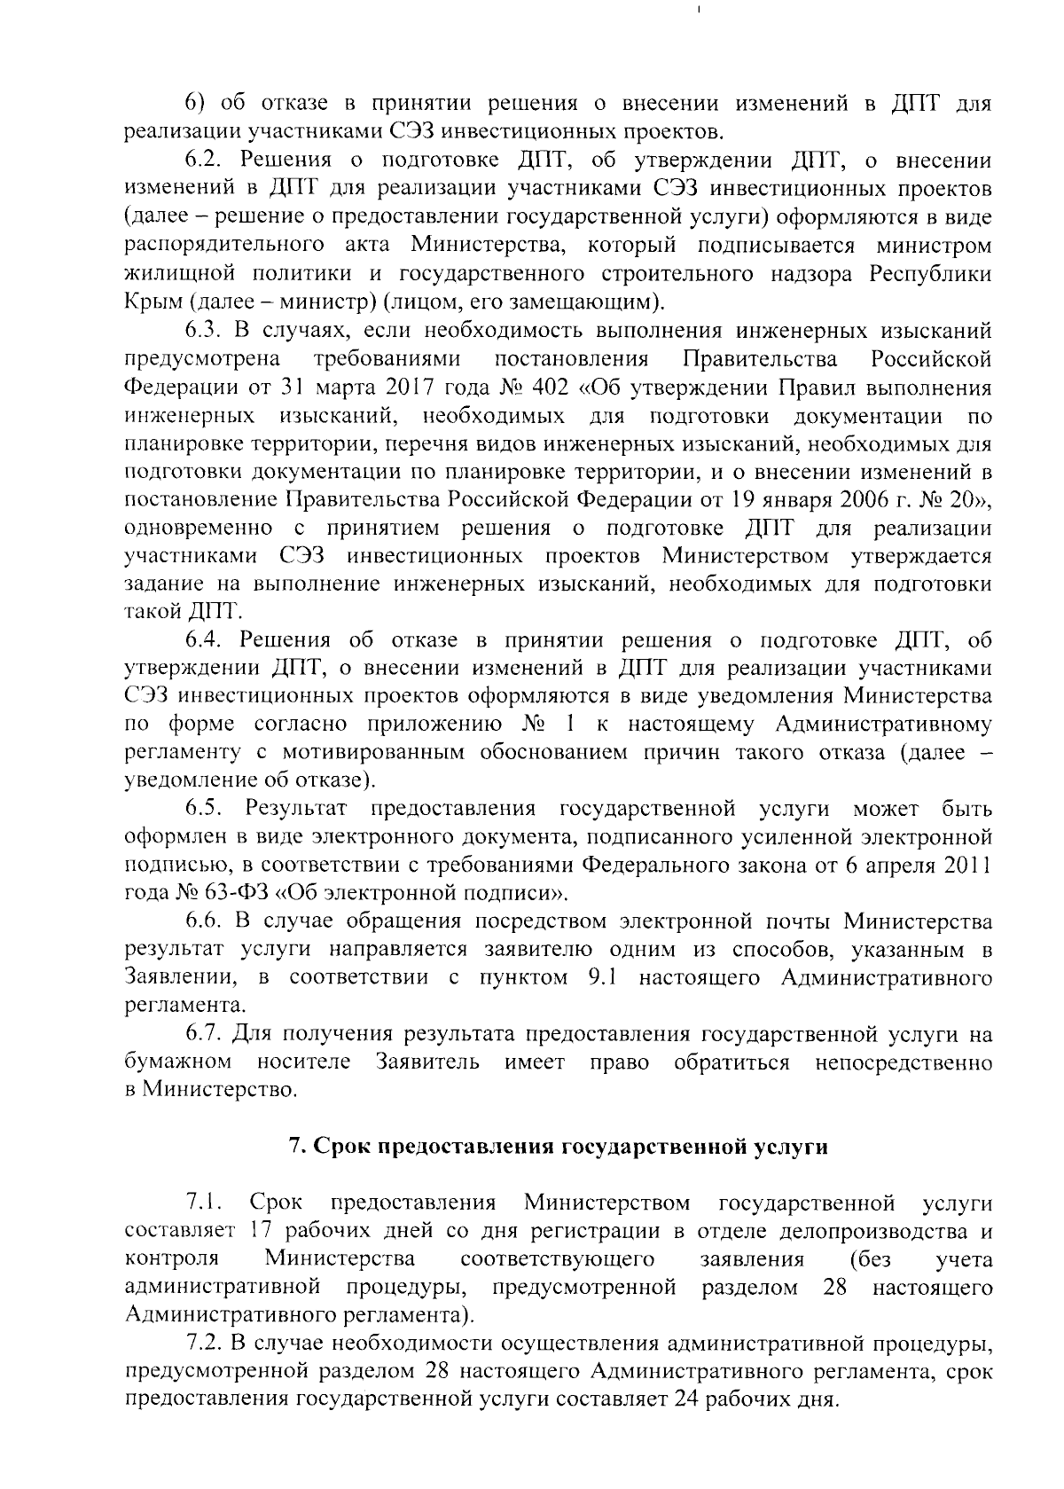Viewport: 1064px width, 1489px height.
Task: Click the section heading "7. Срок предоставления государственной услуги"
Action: tap(558, 1146)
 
